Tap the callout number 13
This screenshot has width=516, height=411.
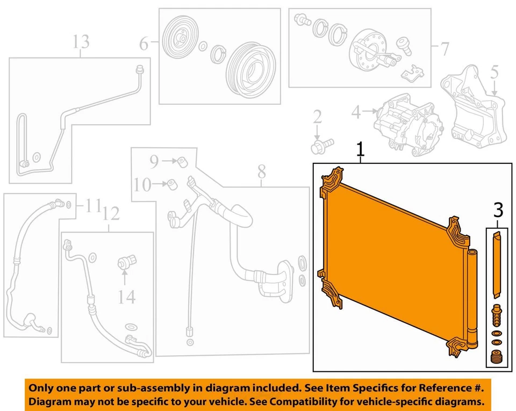81,41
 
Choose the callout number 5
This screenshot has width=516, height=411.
494,71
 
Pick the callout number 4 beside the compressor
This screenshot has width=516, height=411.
356,113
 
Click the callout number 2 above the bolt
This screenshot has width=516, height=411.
317,117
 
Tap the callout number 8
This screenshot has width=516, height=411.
261,172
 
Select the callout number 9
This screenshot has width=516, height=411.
154,160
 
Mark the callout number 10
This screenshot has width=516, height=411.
143,185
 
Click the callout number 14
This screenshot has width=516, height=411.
127,296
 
